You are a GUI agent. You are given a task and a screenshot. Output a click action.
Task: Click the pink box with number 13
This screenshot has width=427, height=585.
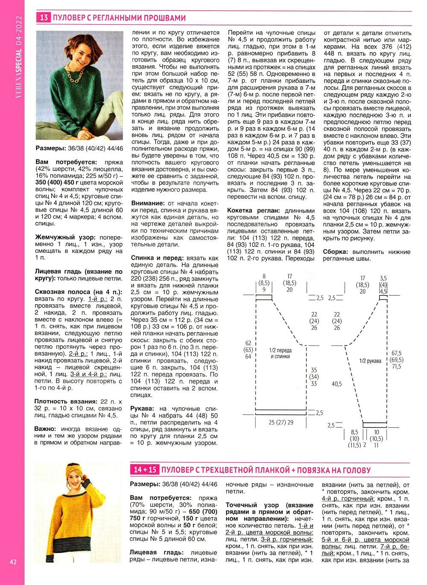point(44,18)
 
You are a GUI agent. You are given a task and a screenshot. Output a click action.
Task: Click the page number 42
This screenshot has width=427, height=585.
point(13,562)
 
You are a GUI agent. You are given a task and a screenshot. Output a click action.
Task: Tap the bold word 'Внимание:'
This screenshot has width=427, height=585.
point(147,203)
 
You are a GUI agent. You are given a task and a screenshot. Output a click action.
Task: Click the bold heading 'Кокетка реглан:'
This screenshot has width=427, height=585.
point(253,211)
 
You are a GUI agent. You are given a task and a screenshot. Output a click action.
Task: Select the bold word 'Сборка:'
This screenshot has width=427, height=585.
point(336,252)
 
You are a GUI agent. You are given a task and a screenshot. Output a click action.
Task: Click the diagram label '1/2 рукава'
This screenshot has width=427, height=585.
point(370,361)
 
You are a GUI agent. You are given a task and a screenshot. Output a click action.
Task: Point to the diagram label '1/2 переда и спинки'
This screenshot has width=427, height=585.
point(280,353)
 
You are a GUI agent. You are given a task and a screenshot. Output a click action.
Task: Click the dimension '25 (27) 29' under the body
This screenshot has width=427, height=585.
point(281,422)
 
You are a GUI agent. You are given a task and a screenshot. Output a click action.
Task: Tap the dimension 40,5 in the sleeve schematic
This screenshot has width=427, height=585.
point(336,384)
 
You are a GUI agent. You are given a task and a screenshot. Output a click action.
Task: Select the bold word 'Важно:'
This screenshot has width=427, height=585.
point(45,429)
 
